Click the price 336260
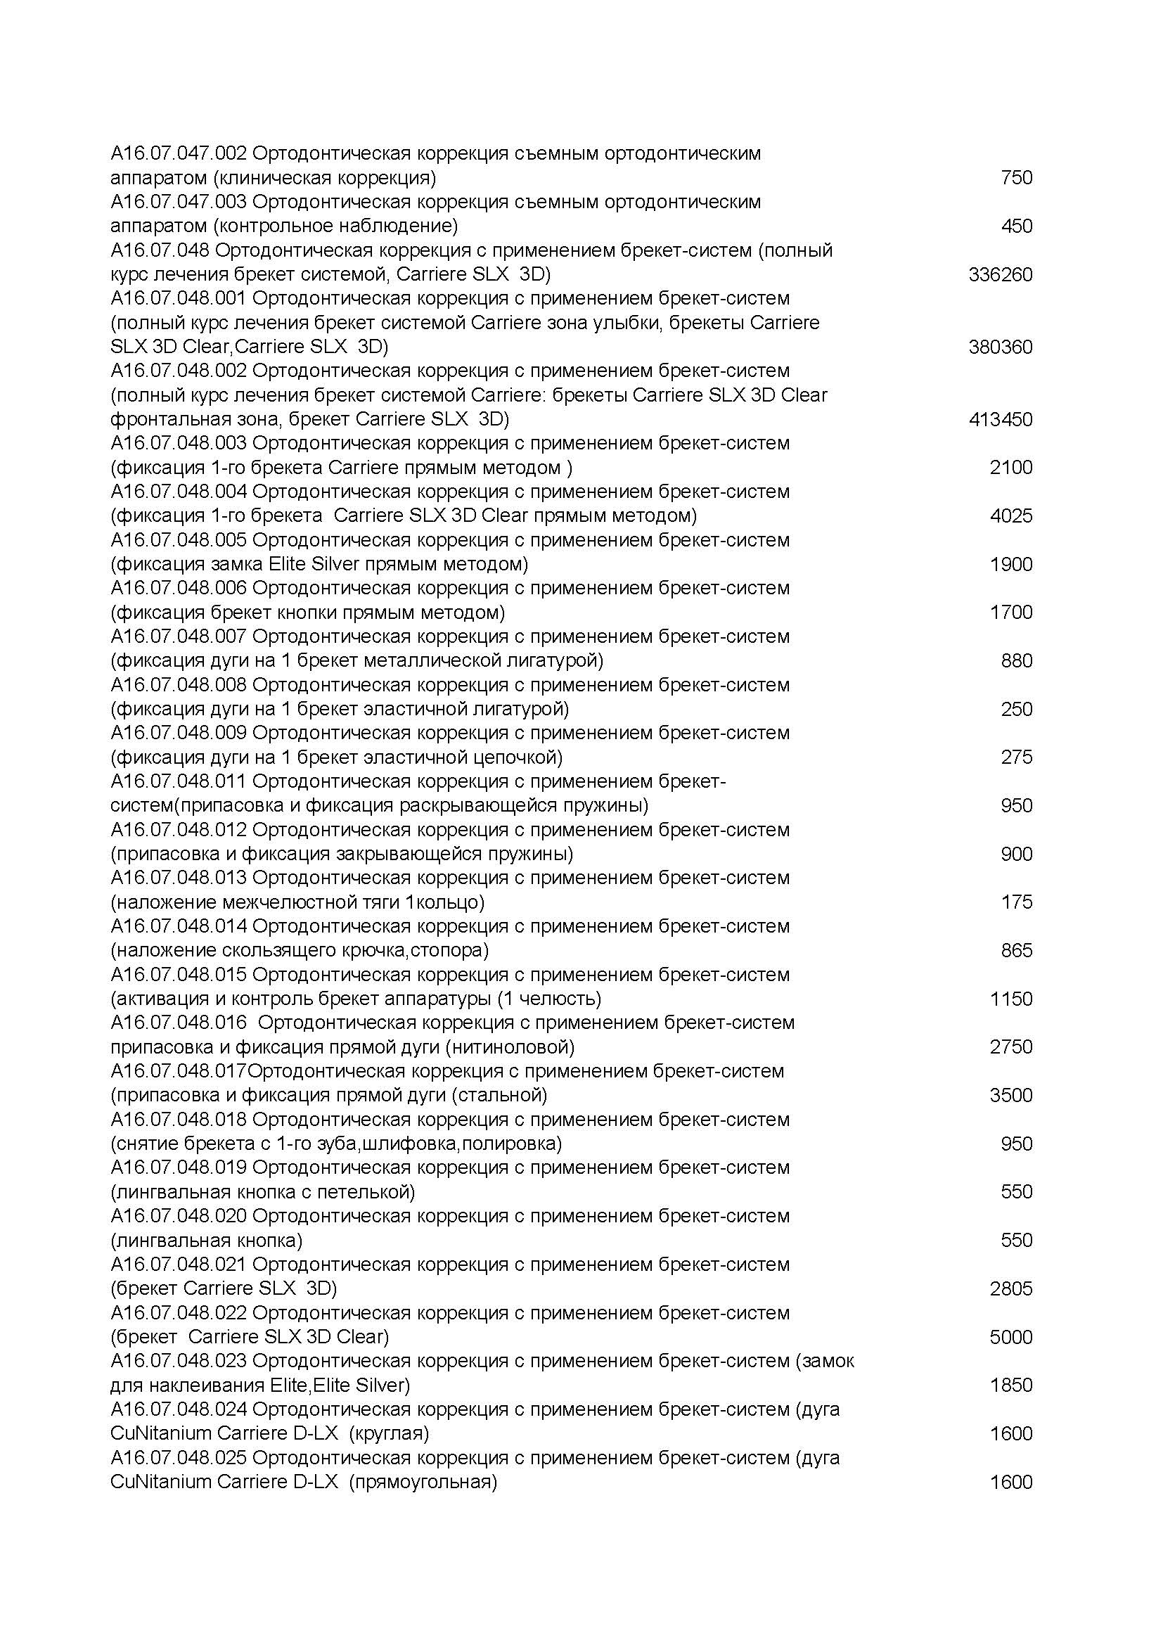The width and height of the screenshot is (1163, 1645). point(1000,275)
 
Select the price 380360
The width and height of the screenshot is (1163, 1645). point(1000,347)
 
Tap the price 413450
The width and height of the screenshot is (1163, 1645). point(1000,420)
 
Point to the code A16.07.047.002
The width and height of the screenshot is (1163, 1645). point(179,153)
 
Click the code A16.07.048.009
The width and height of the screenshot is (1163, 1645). point(179,733)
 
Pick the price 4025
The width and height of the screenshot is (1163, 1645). point(1010,516)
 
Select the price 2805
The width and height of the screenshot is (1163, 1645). point(1010,1289)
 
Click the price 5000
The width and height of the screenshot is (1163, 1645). point(1010,1337)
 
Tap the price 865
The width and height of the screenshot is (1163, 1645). point(1016,951)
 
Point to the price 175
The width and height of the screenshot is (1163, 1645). point(1016,902)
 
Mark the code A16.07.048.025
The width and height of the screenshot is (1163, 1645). point(179,1458)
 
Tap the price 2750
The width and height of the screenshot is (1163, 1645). point(1010,1047)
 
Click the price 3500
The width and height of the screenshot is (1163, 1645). point(1010,1096)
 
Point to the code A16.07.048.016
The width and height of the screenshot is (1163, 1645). point(179,1023)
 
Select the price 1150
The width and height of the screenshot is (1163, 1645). point(1010,999)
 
